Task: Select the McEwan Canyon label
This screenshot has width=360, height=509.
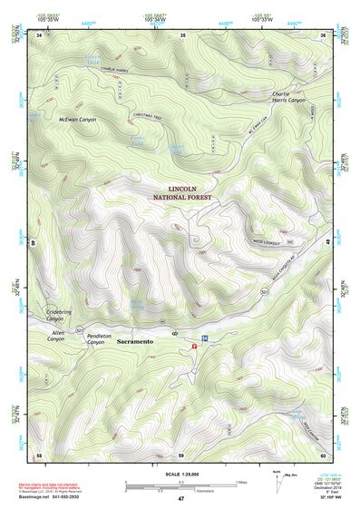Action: (x=77, y=119)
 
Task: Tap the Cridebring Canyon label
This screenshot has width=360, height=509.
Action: (x=56, y=314)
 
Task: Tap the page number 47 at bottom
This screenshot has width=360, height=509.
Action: (x=180, y=499)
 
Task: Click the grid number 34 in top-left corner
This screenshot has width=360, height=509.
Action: (x=40, y=35)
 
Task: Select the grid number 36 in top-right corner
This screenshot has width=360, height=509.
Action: (x=324, y=35)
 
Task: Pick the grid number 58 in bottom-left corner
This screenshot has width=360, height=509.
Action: (x=39, y=454)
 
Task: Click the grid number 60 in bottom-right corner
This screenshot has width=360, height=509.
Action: (x=324, y=454)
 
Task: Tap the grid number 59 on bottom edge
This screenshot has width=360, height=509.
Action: (x=181, y=454)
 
